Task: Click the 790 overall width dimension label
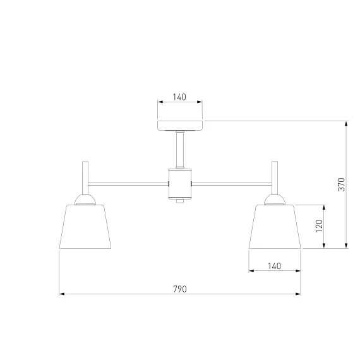(x=180, y=289)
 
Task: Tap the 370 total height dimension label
(x=342, y=184)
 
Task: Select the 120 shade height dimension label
(x=319, y=226)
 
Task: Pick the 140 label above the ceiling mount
(x=179, y=97)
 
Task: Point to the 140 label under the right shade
(x=274, y=266)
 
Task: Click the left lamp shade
(x=85, y=227)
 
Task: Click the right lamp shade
(x=275, y=227)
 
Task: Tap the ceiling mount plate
(x=180, y=125)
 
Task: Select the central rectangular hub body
(x=180, y=184)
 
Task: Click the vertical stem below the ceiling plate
(x=180, y=150)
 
